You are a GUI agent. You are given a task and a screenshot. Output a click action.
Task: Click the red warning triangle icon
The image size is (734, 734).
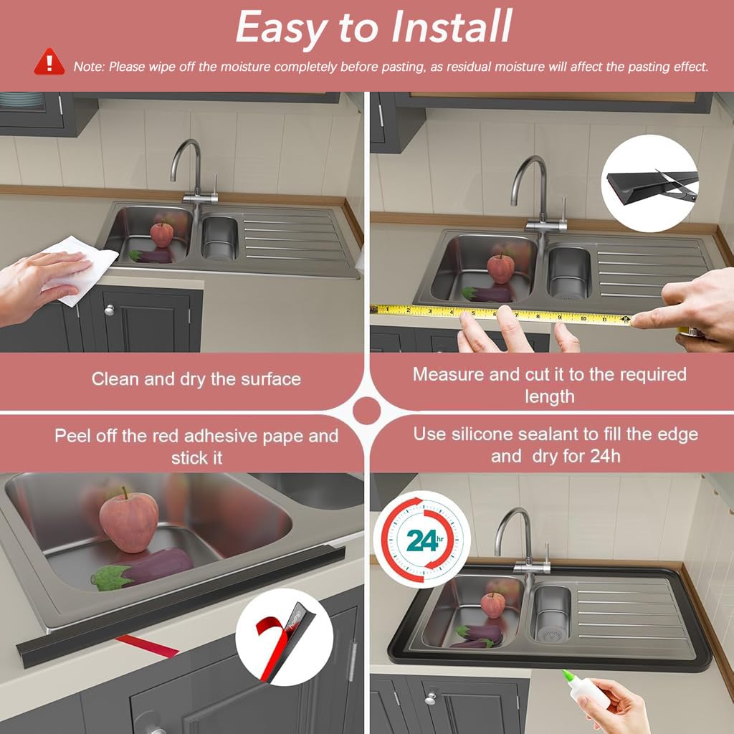[x=49, y=62]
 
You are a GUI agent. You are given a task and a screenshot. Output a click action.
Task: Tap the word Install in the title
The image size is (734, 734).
[x=452, y=27]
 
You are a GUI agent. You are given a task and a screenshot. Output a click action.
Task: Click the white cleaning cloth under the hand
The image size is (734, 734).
[x=80, y=270]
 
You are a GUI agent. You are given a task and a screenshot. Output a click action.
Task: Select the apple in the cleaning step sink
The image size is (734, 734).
[x=161, y=234]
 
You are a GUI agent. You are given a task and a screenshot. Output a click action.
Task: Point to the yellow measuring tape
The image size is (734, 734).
[x=501, y=315]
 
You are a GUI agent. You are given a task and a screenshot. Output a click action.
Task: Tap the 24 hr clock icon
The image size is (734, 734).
[x=421, y=539]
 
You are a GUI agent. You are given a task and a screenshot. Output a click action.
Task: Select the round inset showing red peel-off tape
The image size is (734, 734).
[x=284, y=637]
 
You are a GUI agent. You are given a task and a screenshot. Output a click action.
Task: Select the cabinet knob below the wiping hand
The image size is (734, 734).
[x=110, y=310]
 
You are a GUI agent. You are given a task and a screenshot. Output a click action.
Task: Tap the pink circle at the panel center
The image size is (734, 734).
[x=366, y=411]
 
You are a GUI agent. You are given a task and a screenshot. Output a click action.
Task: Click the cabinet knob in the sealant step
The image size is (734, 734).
[x=431, y=698]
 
